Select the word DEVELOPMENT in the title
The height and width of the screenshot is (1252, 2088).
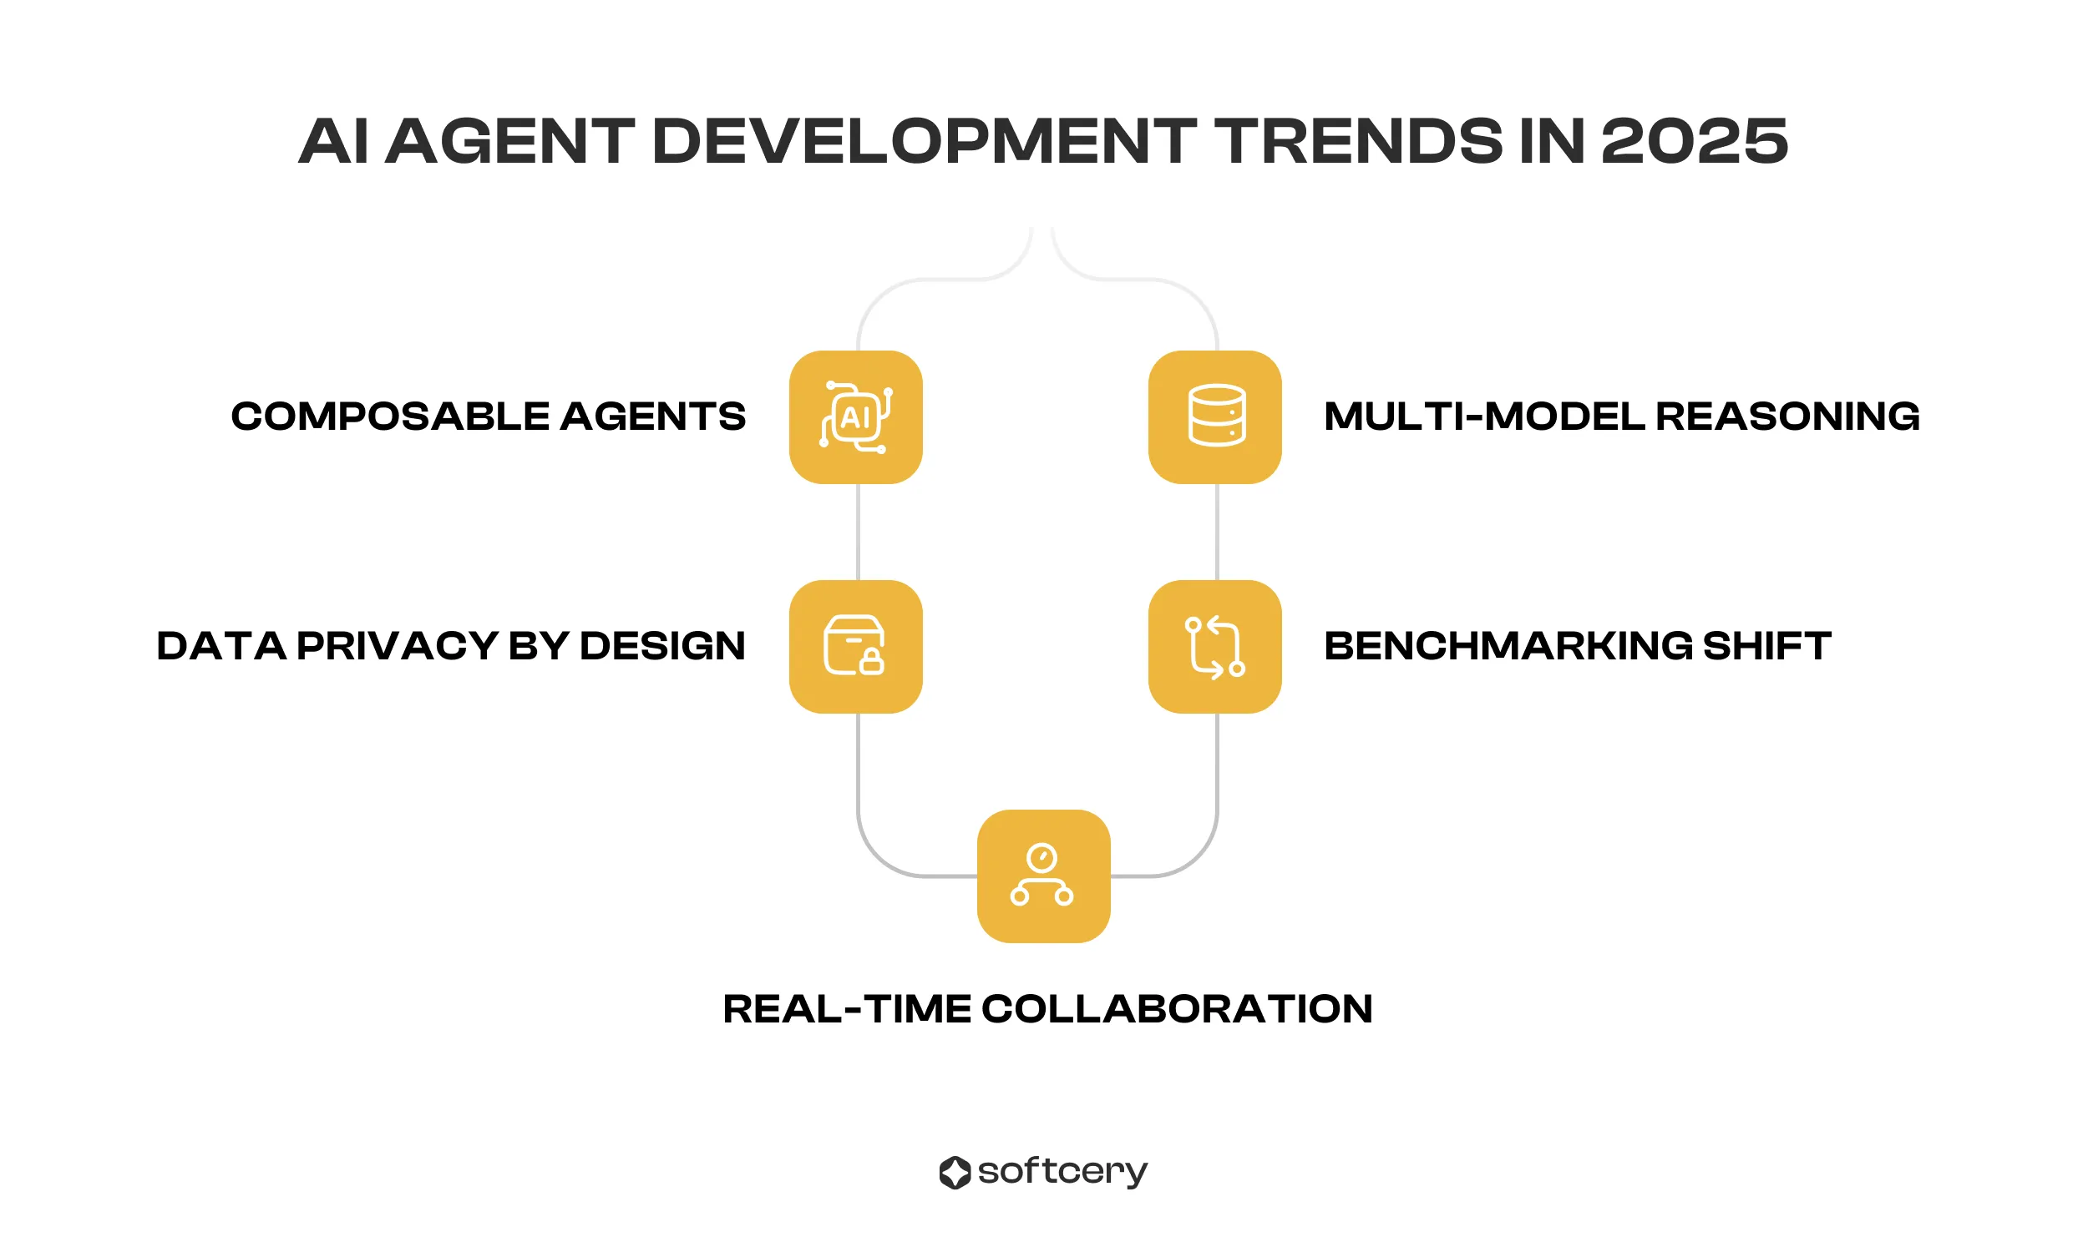[x=923, y=141]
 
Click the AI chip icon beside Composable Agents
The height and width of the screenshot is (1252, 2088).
[x=855, y=416]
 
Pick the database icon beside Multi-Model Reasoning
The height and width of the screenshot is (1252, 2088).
[x=1214, y=416]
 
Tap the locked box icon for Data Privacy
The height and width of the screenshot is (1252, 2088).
[x=855, y=646]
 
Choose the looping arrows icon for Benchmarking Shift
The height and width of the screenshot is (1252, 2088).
[x=1214, y=646]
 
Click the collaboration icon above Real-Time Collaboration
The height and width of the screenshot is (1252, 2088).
[x=1043, y=876]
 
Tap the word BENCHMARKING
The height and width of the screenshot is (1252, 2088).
[x=1508, y=646]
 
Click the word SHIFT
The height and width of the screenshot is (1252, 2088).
[x=1766, y=646]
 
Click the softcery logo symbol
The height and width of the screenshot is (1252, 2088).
[x=955, y=1172]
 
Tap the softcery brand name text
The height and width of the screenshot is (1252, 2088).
[x=1062, y=1172]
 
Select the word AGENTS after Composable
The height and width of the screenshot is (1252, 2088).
[x=652, y=416]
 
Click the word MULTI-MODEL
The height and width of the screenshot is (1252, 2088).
[x=1484, y=416]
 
